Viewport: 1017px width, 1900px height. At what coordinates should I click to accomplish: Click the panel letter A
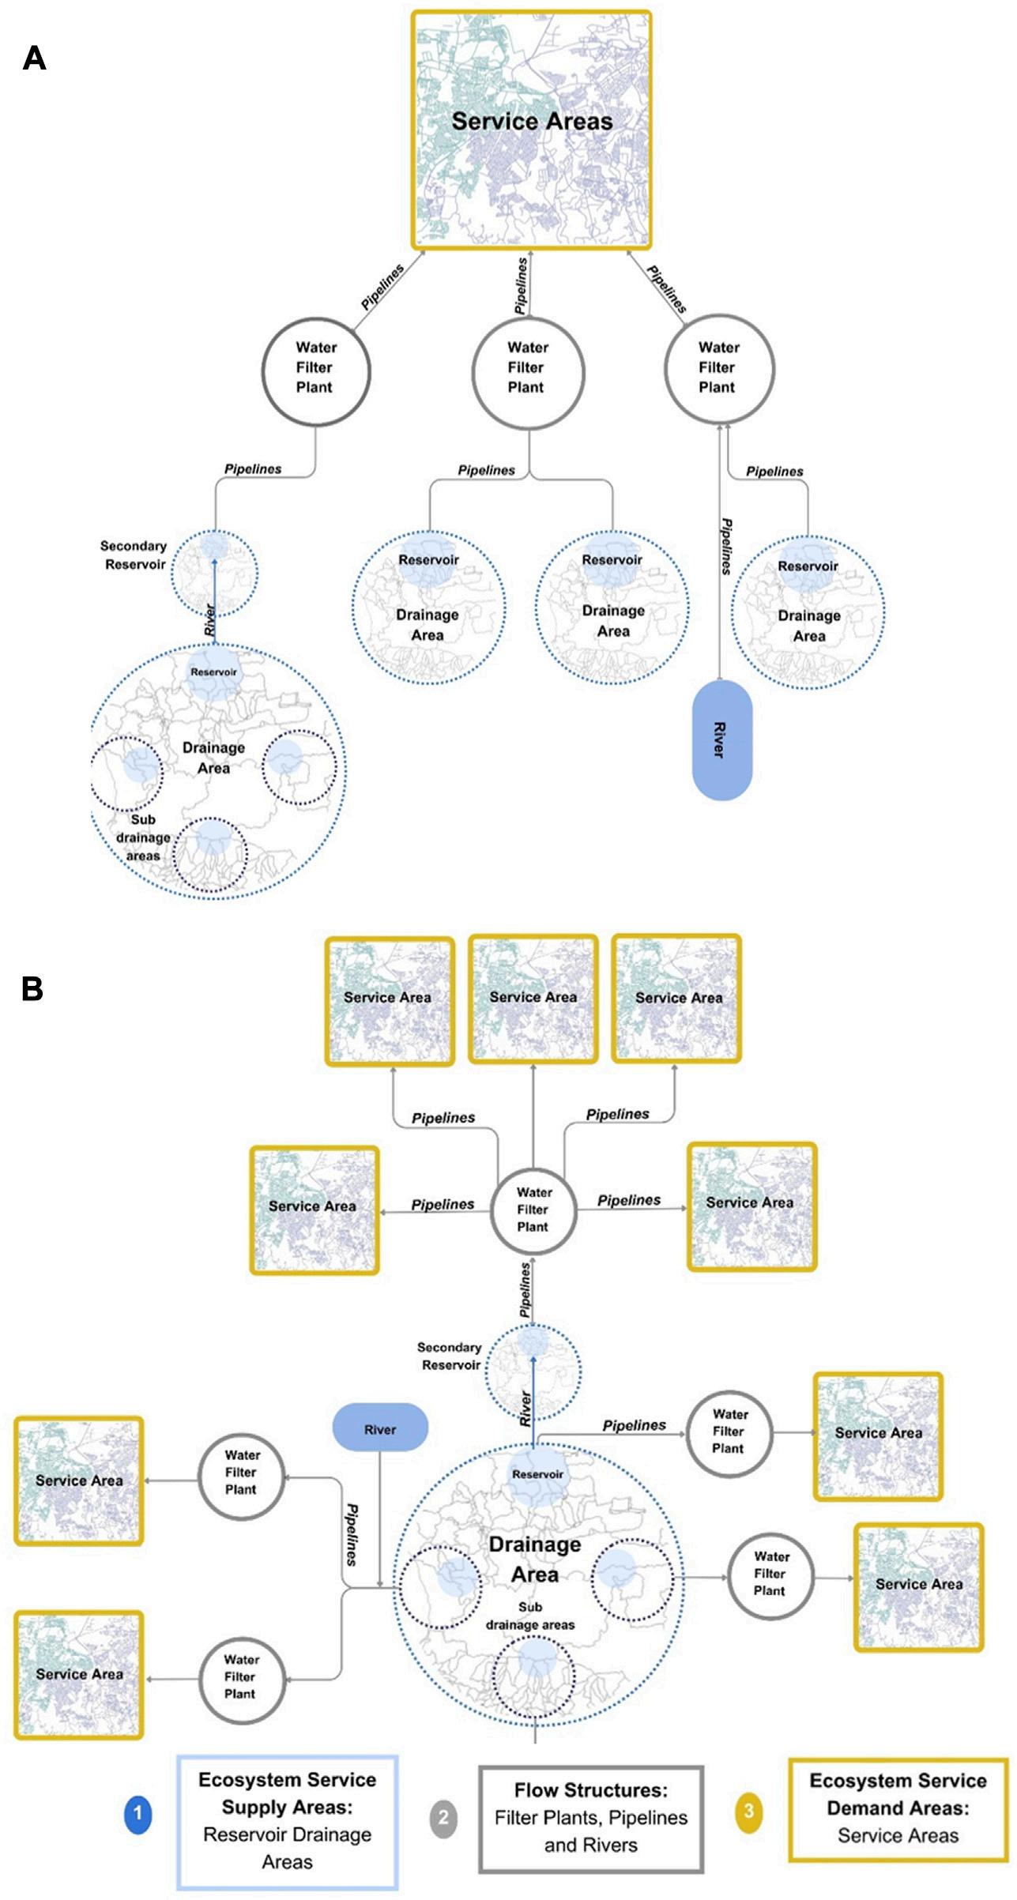click(34, 58)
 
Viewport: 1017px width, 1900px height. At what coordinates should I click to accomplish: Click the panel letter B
click(32, 989)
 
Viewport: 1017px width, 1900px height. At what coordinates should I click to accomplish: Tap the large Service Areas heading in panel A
click(532, 122)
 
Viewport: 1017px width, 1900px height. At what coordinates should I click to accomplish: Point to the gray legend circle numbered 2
click(443, 1817)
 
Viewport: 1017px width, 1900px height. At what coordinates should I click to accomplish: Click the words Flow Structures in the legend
click(590, 1790)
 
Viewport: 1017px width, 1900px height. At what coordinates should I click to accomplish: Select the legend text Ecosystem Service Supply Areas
click(287, 1793)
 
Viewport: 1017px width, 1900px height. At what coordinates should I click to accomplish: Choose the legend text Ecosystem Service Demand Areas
click(898, 1794)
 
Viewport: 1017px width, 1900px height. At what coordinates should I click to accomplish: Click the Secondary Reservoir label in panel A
click(134, 555)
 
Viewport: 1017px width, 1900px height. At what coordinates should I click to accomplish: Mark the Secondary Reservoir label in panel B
click(450, 1356)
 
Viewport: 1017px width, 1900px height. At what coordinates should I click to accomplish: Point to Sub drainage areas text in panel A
click(143, 837)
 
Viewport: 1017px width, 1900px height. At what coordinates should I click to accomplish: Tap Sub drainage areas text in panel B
click(530, 1616)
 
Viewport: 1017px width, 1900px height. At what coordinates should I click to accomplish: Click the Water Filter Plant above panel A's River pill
click(718, 367)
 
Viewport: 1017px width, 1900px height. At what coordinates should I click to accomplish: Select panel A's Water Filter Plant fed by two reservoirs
click(527, 367)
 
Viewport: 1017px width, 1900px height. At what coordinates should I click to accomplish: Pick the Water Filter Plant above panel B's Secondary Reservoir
click(533, 1210)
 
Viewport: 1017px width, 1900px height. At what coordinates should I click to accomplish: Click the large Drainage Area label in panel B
click(535, 1559)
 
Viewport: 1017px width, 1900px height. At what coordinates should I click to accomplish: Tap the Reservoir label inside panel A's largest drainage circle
click(213, 672)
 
